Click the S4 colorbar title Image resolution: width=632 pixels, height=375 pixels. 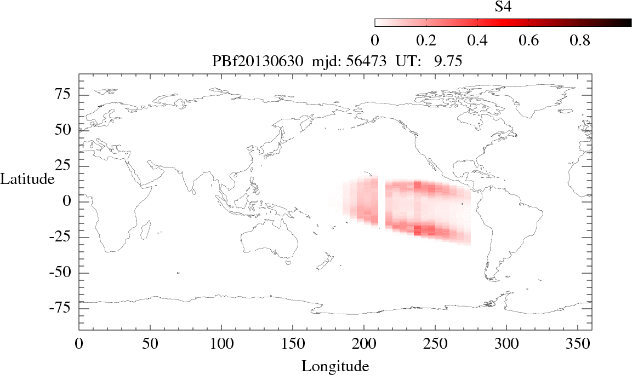[x=504, y=7]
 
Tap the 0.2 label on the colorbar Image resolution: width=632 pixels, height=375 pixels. [x=426, y=41]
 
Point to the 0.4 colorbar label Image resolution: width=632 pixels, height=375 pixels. [x=477, y=41]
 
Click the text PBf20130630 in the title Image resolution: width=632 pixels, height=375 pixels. [x=257, y=62]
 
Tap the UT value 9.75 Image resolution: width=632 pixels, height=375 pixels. [x=448, y=62]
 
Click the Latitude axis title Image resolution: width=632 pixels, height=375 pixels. [x=27, y=178]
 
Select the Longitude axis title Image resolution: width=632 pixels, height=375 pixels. [x=335, y=366]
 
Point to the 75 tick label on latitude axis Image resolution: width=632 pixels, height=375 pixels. [x=66, y=95]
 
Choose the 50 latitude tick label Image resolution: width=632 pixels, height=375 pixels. [x=66, y=130]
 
